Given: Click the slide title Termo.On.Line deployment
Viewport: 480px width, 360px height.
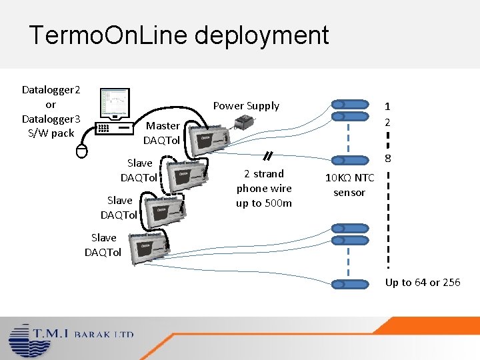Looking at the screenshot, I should coord(179,35).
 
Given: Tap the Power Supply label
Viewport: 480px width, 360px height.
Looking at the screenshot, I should coord(246,105).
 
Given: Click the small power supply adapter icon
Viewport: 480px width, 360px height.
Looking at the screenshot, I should coord(243,123).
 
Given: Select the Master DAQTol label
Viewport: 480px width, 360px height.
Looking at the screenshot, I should coord(163,133).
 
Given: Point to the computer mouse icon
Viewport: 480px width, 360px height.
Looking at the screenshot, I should coord(81,151).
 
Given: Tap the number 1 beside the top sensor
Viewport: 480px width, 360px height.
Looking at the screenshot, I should coord(387,106).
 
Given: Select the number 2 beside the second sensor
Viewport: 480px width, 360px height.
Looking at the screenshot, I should coord(387,122).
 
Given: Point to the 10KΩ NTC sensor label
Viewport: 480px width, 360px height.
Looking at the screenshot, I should coord(349,185).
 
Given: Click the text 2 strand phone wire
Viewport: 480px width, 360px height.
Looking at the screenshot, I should coord(264,188).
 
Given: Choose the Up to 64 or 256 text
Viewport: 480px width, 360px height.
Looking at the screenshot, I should coord(423,282).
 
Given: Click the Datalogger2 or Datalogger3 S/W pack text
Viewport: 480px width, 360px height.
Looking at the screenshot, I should coord(51,111).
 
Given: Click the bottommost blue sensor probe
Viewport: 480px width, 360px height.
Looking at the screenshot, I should coord(351,284).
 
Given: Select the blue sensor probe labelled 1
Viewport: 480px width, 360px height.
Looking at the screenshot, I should coord(351,105).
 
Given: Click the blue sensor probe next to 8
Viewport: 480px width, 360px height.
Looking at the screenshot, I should coord(351,161).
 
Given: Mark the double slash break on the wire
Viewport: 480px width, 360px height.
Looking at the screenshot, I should coord(267,156).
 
